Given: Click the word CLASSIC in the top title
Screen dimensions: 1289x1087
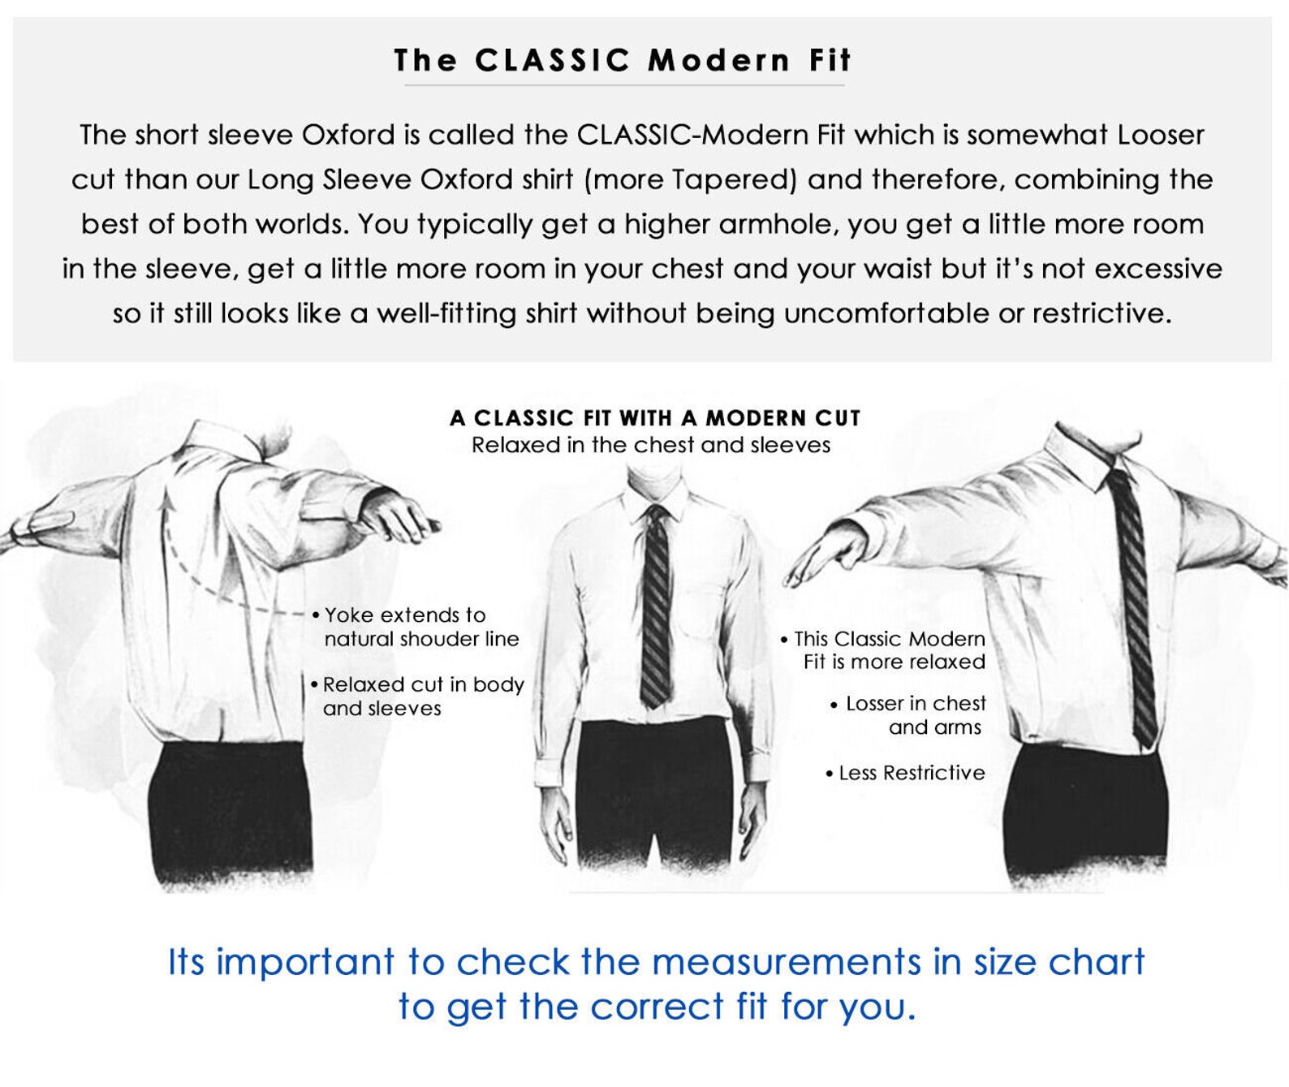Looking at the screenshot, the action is (x=553, y=61).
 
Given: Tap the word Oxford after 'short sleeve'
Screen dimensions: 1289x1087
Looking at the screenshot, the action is (x=347, y=135).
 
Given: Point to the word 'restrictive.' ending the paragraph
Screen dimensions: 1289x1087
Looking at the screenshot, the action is (x=1101, y=313).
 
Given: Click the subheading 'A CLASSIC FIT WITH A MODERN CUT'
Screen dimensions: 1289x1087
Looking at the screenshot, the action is (x=655, y=418).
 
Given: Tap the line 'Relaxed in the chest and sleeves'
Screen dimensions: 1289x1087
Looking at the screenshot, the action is (x=651, y=445).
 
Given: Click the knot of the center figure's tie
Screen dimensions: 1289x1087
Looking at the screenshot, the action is (x=657, y=515).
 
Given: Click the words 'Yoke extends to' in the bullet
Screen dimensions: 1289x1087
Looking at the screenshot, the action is (x=405, y=615).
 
